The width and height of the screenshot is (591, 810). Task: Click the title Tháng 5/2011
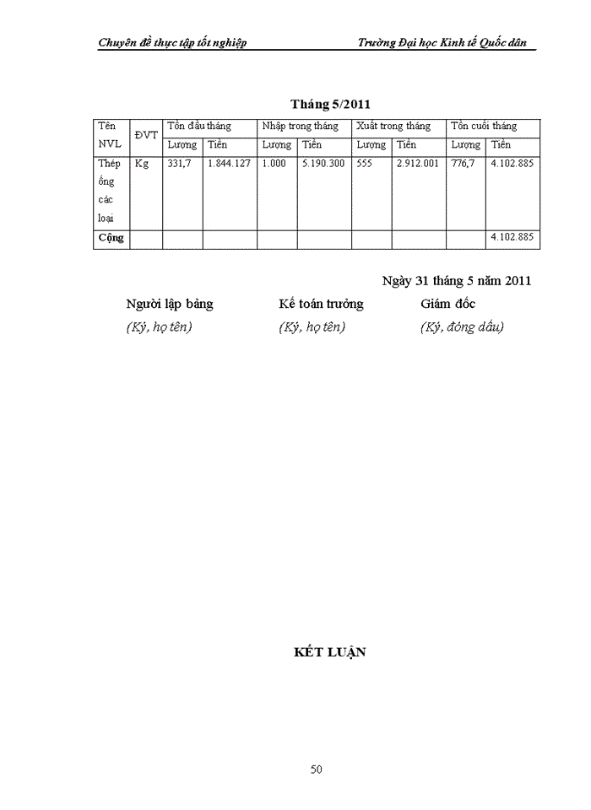coord(331,105)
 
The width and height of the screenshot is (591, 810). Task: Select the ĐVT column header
coord(145,135)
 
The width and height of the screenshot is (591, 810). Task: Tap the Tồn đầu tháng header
coord(199,126)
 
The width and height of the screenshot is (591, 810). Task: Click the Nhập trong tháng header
coord(300,126)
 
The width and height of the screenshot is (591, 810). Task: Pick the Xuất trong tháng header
coord(393,126)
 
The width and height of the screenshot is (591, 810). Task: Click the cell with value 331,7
coord(180,164)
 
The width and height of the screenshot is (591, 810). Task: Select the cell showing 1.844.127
coord(229,164)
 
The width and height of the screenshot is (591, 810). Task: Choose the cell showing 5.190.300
coord(323,164)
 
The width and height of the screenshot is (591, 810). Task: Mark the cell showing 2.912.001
coord(418,164)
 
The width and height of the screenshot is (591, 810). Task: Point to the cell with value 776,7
coord(464,164)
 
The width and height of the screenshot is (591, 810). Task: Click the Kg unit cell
coord(142,164)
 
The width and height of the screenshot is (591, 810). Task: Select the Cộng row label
coord(111,237)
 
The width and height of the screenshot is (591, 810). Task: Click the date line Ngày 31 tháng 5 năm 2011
coord(456,281)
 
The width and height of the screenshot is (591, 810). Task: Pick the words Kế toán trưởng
coord(321,304)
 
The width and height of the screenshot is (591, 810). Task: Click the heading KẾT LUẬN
coord(330,652)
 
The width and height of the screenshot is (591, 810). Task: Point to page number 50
coord(317,769)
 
